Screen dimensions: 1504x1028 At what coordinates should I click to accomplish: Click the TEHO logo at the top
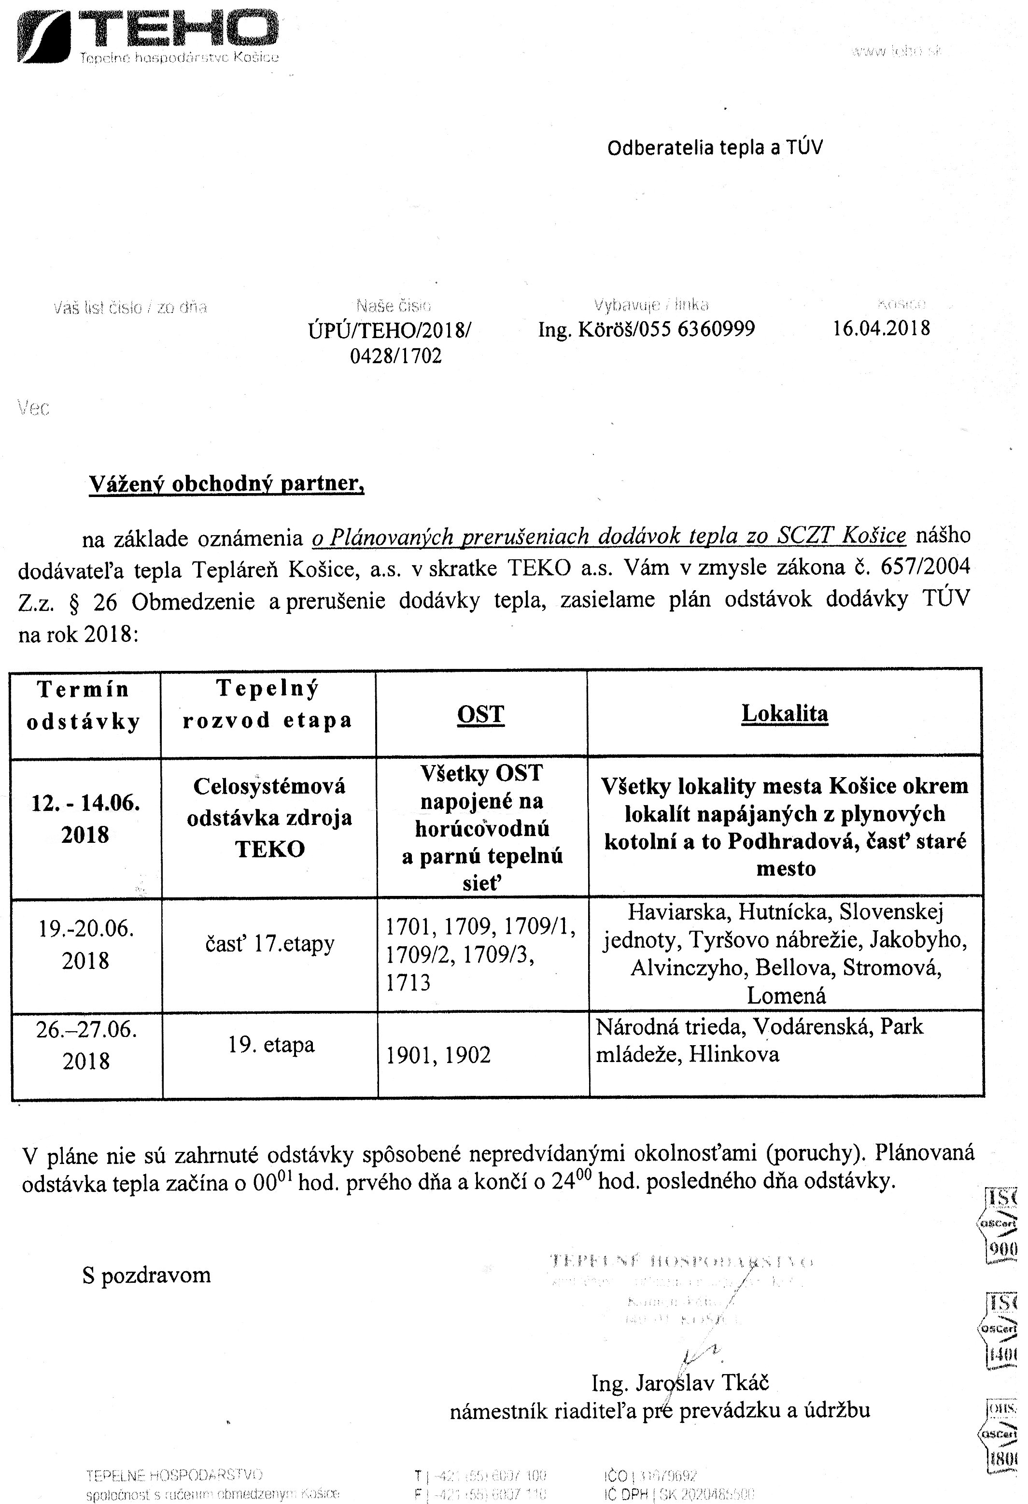(x=147, y=36)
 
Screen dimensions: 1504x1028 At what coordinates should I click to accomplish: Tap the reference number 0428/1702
(x=396, y=356)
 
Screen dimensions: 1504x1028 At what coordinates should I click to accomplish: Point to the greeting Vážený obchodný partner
(x=226, y=483)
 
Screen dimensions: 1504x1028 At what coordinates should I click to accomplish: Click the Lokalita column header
(x=784, y=713)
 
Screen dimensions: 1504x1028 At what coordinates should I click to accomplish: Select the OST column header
(x=480, y=714)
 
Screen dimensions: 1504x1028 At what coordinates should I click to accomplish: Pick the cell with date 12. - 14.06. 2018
(x=85, y=819)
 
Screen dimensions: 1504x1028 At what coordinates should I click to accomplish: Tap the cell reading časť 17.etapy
(x=270, y=944)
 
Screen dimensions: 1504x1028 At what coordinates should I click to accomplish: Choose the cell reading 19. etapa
(x=271, y=1045)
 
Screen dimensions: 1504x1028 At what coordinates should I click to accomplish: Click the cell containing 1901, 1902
(x=438, y=1055)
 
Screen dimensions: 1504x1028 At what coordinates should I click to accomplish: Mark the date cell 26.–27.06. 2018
(x=86, y=1045)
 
